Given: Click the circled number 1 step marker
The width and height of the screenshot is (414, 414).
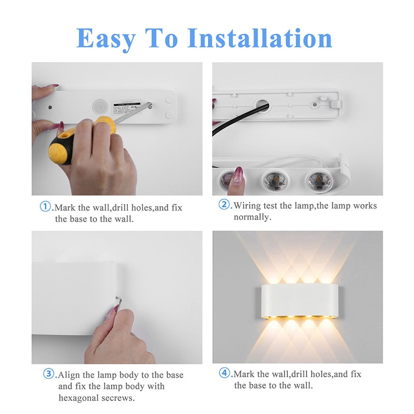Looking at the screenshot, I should (x=46, y=206).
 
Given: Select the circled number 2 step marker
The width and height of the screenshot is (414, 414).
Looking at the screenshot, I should (x=224, y=205).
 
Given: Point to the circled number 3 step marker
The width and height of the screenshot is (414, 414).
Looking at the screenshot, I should (x=48, y=374).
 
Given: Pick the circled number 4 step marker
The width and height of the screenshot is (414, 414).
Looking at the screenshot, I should (x=225, y=373).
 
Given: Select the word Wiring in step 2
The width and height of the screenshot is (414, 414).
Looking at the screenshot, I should (x=247, y=206).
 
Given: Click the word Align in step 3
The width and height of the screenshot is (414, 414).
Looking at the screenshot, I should (x=70, y=375).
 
